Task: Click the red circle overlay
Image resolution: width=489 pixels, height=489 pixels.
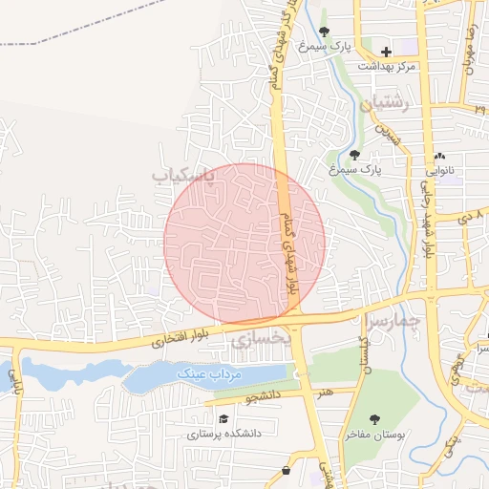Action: click(244, 243)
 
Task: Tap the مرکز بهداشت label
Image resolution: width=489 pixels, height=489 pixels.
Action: click(388, 67)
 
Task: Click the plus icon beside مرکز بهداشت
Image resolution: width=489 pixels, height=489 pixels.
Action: click(386, 51)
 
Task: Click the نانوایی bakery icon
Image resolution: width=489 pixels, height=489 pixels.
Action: click(439, 157)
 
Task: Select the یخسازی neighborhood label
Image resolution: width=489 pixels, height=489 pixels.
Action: click(257, 338)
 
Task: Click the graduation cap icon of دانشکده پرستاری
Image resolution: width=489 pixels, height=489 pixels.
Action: click(223, 418)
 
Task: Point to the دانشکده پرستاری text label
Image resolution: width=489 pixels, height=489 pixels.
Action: click(224, 434)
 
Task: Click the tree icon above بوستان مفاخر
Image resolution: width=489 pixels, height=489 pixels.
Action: click(374, 418)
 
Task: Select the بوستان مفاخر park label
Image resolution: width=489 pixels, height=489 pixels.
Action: click(375, 435)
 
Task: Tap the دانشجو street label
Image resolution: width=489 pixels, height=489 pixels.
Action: click(265, 393)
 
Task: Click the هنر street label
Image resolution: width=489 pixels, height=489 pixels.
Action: click(327, 392)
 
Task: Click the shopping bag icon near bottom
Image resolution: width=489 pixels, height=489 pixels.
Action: click(287, 472)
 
